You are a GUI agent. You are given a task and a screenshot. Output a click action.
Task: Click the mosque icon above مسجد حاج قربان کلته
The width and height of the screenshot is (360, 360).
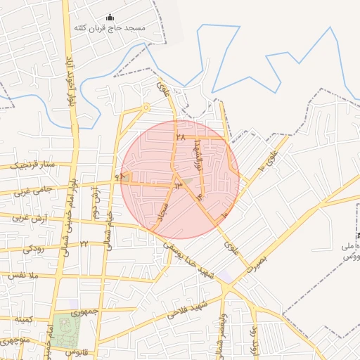[x=109, y=18]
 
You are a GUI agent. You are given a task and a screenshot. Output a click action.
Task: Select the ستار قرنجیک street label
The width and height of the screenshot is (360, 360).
[x=32, y=166]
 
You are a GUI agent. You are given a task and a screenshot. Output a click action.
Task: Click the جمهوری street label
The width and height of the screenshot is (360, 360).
[x=89, y=310]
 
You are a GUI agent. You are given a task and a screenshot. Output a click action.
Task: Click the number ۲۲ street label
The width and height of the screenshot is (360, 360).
[x=84, y=244]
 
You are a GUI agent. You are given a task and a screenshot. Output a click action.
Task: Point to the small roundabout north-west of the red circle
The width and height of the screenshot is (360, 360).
[x=146, y=108]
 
